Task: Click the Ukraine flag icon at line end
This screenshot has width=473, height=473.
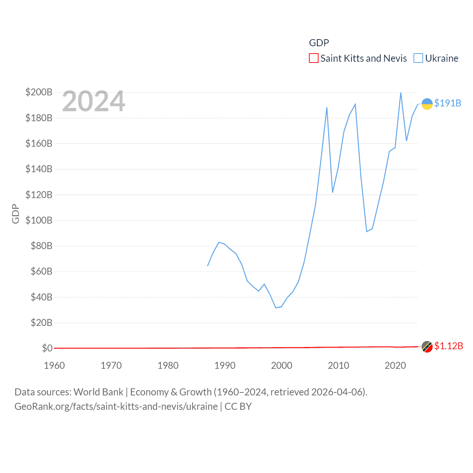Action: click(x=427, y=104)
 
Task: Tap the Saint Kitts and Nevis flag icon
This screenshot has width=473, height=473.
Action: click(x=427, y=347)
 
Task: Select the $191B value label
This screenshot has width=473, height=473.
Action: click(x=448, y=103)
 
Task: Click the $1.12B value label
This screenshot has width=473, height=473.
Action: click(x=448, y=346)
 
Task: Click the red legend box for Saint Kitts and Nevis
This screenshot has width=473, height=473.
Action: click(x=313, y=58)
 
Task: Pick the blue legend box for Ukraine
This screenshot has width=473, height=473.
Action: click(x=418, y=58)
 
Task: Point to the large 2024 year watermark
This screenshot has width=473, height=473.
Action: click(x=93, y=101)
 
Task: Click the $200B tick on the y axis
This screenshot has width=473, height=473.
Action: click(x=39, y=92)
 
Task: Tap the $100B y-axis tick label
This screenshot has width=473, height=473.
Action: click(x=39, y=220)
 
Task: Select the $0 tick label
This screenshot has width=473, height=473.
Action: click(x=47, y=348)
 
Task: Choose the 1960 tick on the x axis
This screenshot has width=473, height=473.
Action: click(x=54, y=365)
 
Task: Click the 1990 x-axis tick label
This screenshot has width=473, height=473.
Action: click(x=225, y=365)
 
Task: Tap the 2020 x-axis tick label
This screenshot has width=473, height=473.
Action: click(x=395, y=365)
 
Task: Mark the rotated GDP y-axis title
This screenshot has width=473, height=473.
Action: click(x=16, y=214)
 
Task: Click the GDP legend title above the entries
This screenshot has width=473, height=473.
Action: click(x=319, y=43)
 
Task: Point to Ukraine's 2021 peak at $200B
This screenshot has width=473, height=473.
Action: click(x=401, y=93)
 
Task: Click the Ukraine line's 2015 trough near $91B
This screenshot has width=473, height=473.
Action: click(x=367, y=231)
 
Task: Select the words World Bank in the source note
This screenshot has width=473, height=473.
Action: click(x=98, y=392)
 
